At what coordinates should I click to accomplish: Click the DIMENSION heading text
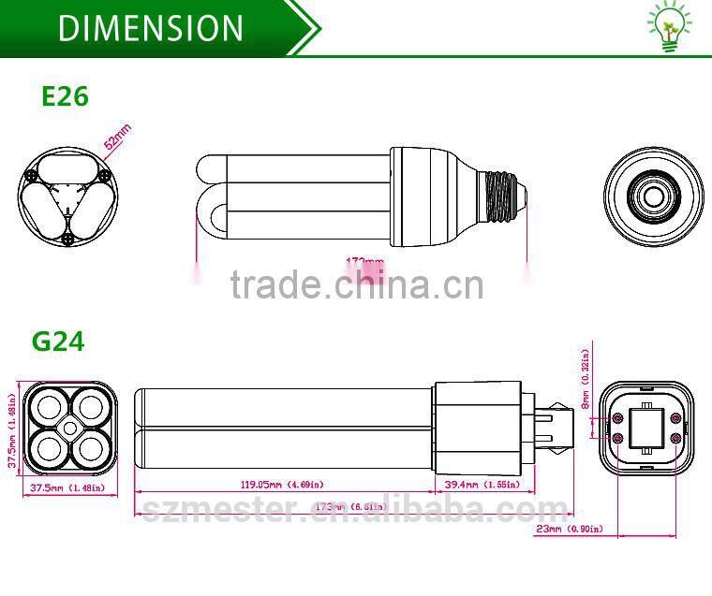(x=150, y=27)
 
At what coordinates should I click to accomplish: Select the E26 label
(x=65, y=95)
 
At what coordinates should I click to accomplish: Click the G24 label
(x=58, y=341)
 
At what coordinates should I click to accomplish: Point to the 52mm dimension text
(x=118, y=138)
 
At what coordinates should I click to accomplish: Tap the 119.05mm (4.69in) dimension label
(x=283, y=485)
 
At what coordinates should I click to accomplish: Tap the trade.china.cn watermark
(x=357, y=283)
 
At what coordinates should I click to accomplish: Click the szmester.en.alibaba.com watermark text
(x=355, y=511)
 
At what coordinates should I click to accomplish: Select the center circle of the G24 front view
(x=70, y=428)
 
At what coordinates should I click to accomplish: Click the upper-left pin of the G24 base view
(x=618, y=416)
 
